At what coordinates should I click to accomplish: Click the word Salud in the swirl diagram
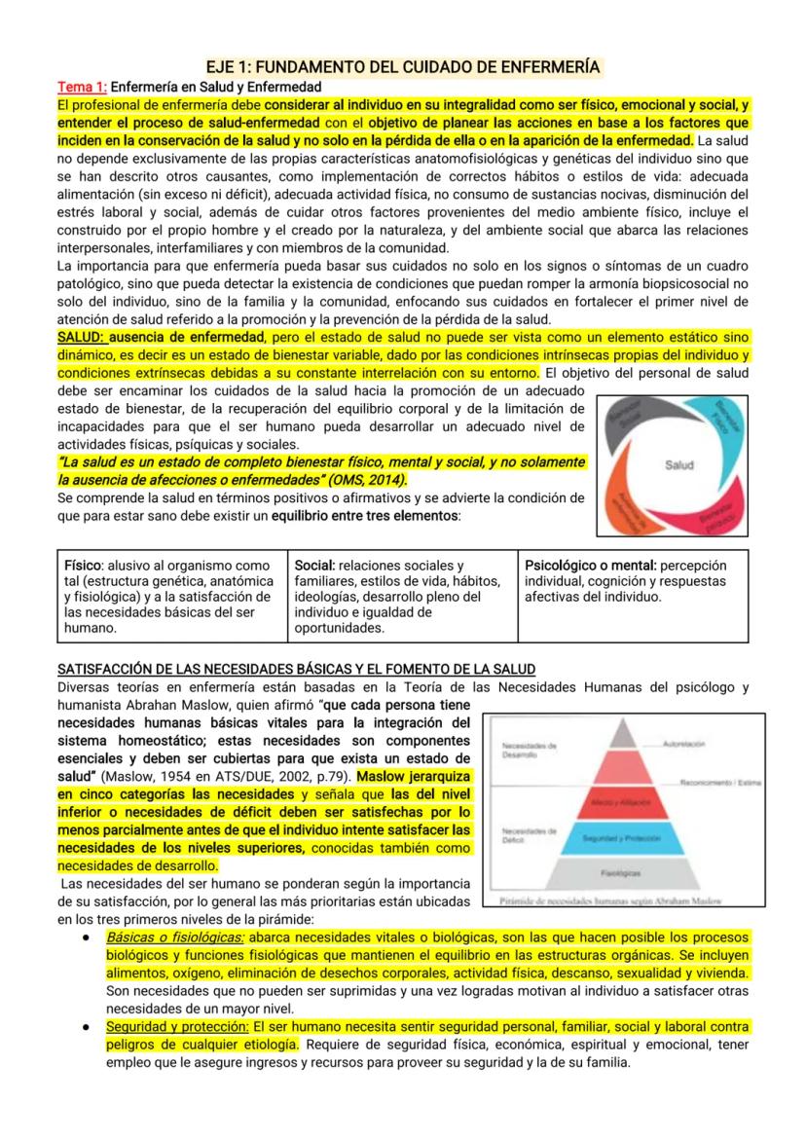(678, 465)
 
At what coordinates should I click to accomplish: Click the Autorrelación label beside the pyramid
(683, 744)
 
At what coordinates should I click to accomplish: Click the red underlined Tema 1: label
(82, 87)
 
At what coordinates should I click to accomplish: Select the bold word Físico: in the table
(83, 565)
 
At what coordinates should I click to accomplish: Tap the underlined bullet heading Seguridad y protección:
(177, 1026)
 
